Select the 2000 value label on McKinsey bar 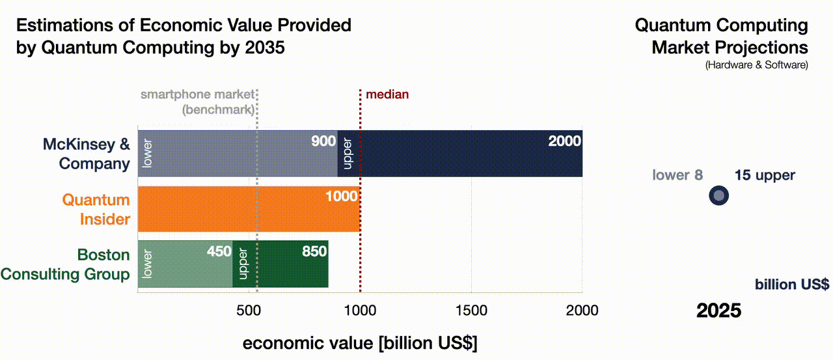(x=564, y=141)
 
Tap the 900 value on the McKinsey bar (x=323, y=141)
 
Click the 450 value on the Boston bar (x=219, y=251)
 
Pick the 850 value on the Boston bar (x=314, y=251)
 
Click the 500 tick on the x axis (x=249, y=311)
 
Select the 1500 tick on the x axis (x=471, y=311)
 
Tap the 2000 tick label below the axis (x=582, y=311)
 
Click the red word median (x=387, y=94)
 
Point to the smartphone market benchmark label (x=197, y=102)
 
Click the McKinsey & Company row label (x=86, y=154)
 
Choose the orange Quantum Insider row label (x=96, y=209)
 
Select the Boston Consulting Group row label (x=65, y=264)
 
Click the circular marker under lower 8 (x=718, y=195)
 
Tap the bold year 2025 (x=718, y=311)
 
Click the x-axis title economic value (x=359, y=344)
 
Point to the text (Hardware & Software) (x=756, y=65)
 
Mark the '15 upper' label (x=765, y=175)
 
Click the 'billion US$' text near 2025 (x=791, y=284)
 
